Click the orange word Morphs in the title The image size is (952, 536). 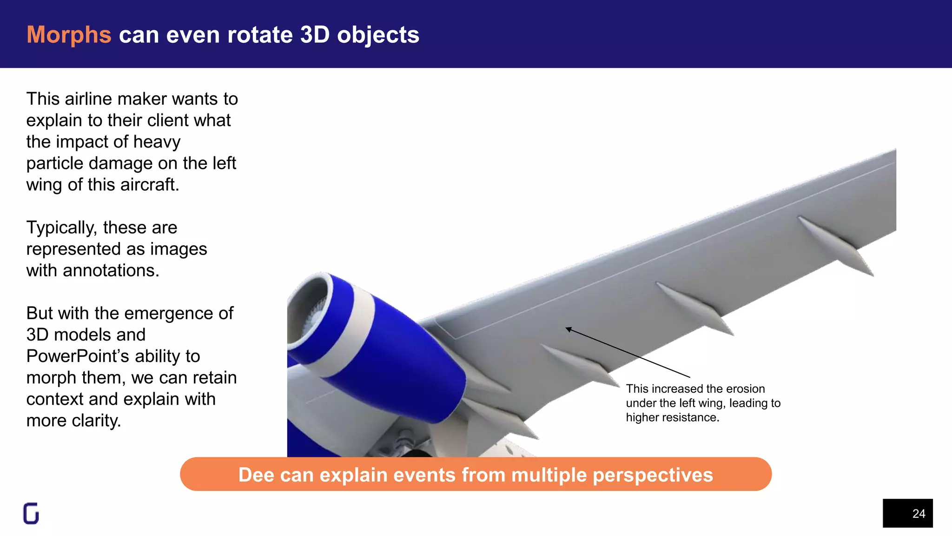coord(69,35)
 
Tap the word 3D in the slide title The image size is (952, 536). coord(315,35)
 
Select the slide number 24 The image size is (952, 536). coord(919,514)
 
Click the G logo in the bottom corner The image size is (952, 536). coord(31,514)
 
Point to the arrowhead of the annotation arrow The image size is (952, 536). coord(568,329)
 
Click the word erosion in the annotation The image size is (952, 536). coord(745,389)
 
